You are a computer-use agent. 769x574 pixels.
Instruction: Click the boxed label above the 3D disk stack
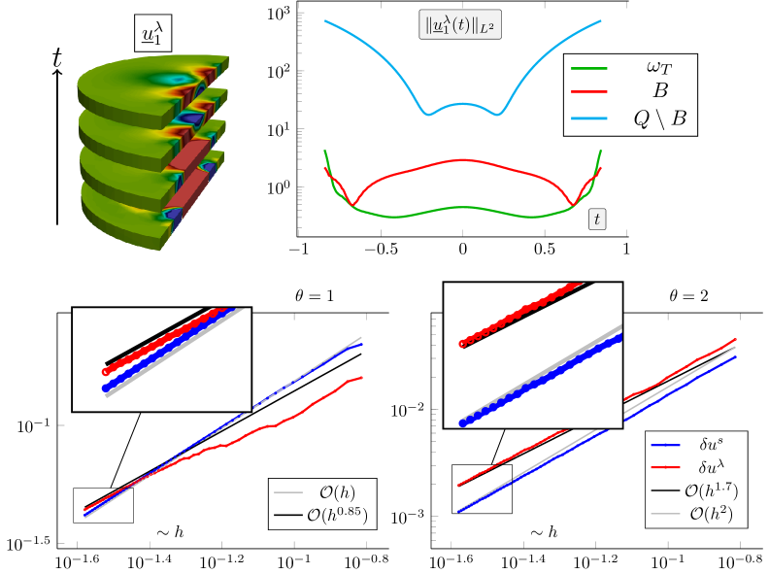pyautogui.click(x=152, y=35)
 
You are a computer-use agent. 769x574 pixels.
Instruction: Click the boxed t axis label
pyautogui.click(x=596, y=219)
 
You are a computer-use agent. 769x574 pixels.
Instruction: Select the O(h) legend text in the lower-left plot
pyautogui.click(x=340, y=492)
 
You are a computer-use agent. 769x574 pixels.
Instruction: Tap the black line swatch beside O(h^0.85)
pyautogui.click(x=289, y=514)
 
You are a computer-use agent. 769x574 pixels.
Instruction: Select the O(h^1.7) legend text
pyautogui.click(x=711, y=490)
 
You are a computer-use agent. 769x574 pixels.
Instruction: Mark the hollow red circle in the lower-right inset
pyautogui.click(x=462, y=344)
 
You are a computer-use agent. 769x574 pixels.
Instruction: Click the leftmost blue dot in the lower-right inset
pyautogui.click(x=462, y=423)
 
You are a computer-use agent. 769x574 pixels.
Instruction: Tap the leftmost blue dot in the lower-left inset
pyautogui.click(x=106, y=388)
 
